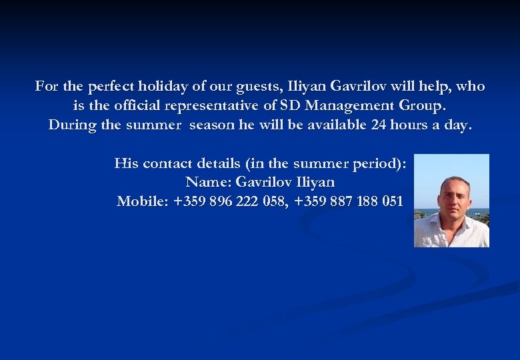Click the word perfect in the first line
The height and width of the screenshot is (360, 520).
click(109, 87)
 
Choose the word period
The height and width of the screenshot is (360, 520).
click(377, 163)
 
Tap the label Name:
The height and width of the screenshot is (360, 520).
click(205, 182)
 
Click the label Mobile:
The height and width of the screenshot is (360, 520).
click(143, 201)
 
